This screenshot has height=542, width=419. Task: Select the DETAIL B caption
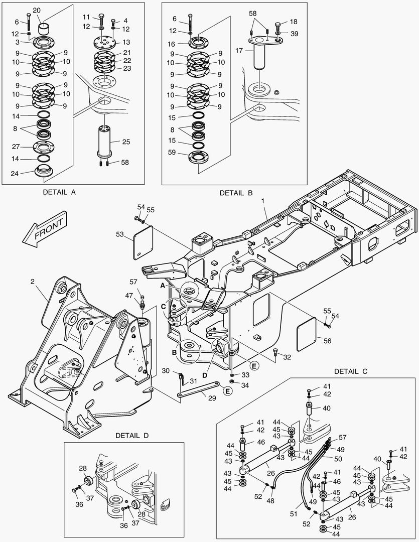coord(236,193)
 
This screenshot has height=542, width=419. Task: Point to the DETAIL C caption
coord(351,371)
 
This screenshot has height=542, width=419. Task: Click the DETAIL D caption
coord(132,435)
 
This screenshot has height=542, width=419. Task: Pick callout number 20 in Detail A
coord(37,11)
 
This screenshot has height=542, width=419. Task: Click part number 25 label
coord(126,142)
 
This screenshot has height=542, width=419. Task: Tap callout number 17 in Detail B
coord(239,51)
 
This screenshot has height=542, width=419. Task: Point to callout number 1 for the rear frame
coord(262,201)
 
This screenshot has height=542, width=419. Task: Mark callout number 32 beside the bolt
coord(287,357)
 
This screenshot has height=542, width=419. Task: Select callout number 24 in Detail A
coord(16,174)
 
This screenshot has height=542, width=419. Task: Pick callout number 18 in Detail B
coord(294,22)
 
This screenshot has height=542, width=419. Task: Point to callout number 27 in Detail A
coord(16,147)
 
